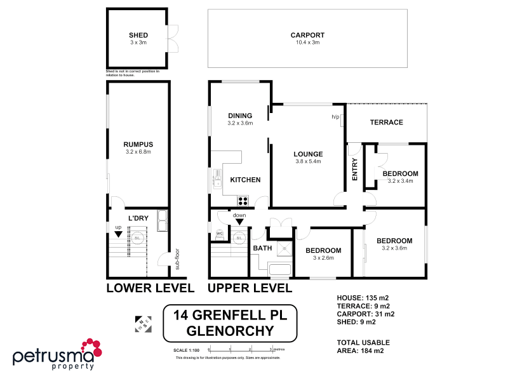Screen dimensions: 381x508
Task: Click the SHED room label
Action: pos(138,36)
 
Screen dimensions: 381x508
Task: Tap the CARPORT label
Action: pos(307,36)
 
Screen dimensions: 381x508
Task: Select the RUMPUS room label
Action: pos(138,144)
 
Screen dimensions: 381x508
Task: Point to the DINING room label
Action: pos(240,116)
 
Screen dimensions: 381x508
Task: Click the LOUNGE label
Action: pos(308,154)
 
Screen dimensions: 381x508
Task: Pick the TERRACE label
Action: pos(387,122)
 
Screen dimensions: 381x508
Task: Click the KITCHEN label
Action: pos(245,180)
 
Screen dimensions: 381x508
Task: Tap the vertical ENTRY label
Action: pos(355,170)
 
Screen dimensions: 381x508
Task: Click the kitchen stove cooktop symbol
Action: pos(242,201)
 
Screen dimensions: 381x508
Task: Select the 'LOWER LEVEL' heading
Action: pos(150,288)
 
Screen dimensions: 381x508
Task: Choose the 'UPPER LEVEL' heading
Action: pos(250,288)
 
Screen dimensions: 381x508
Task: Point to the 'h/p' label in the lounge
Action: pos(335,117)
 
